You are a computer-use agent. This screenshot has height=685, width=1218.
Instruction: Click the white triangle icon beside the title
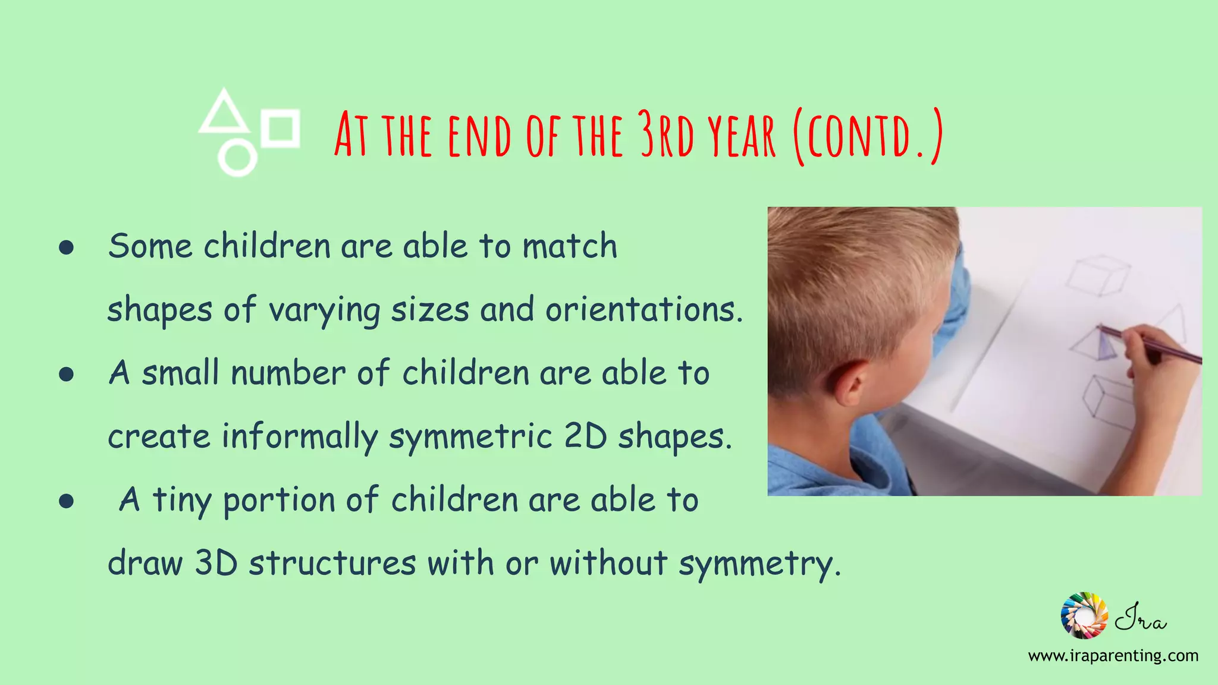tap(223, 113)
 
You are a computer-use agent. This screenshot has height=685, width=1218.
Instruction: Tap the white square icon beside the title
tap(281, 127)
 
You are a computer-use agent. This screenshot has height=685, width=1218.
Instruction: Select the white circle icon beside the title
tap(237, 158)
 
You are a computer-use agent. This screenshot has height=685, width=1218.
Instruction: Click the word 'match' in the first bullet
tap(570, 246)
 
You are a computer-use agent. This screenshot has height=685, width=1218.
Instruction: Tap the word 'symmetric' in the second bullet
tap(470, 436)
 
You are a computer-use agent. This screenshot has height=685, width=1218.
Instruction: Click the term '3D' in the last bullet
tap(216, 563)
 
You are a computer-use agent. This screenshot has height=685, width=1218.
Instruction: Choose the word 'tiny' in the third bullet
tap(181, 500)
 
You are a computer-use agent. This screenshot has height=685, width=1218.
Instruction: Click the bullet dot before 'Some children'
tap(67, 247)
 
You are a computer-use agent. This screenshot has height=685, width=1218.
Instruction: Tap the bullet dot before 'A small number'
tap(67, 374)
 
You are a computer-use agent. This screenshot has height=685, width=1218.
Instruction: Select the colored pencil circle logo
tap(1084, 615)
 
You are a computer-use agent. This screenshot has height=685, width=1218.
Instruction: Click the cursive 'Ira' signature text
tap(1140, 618)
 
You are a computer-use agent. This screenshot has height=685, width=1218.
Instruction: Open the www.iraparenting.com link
tap(1113, 656)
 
